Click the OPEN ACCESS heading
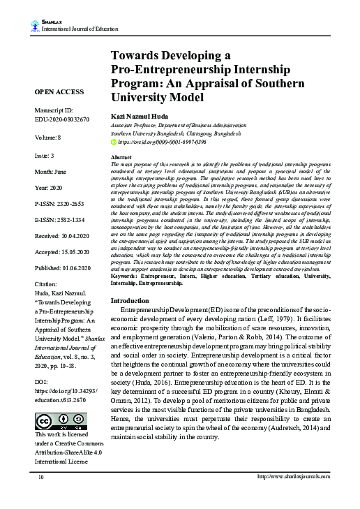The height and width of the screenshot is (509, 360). [x=59, y=92]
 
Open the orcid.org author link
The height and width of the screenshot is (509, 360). [x=163, y=142]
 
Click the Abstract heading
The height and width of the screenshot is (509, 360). [x=122, y=158]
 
